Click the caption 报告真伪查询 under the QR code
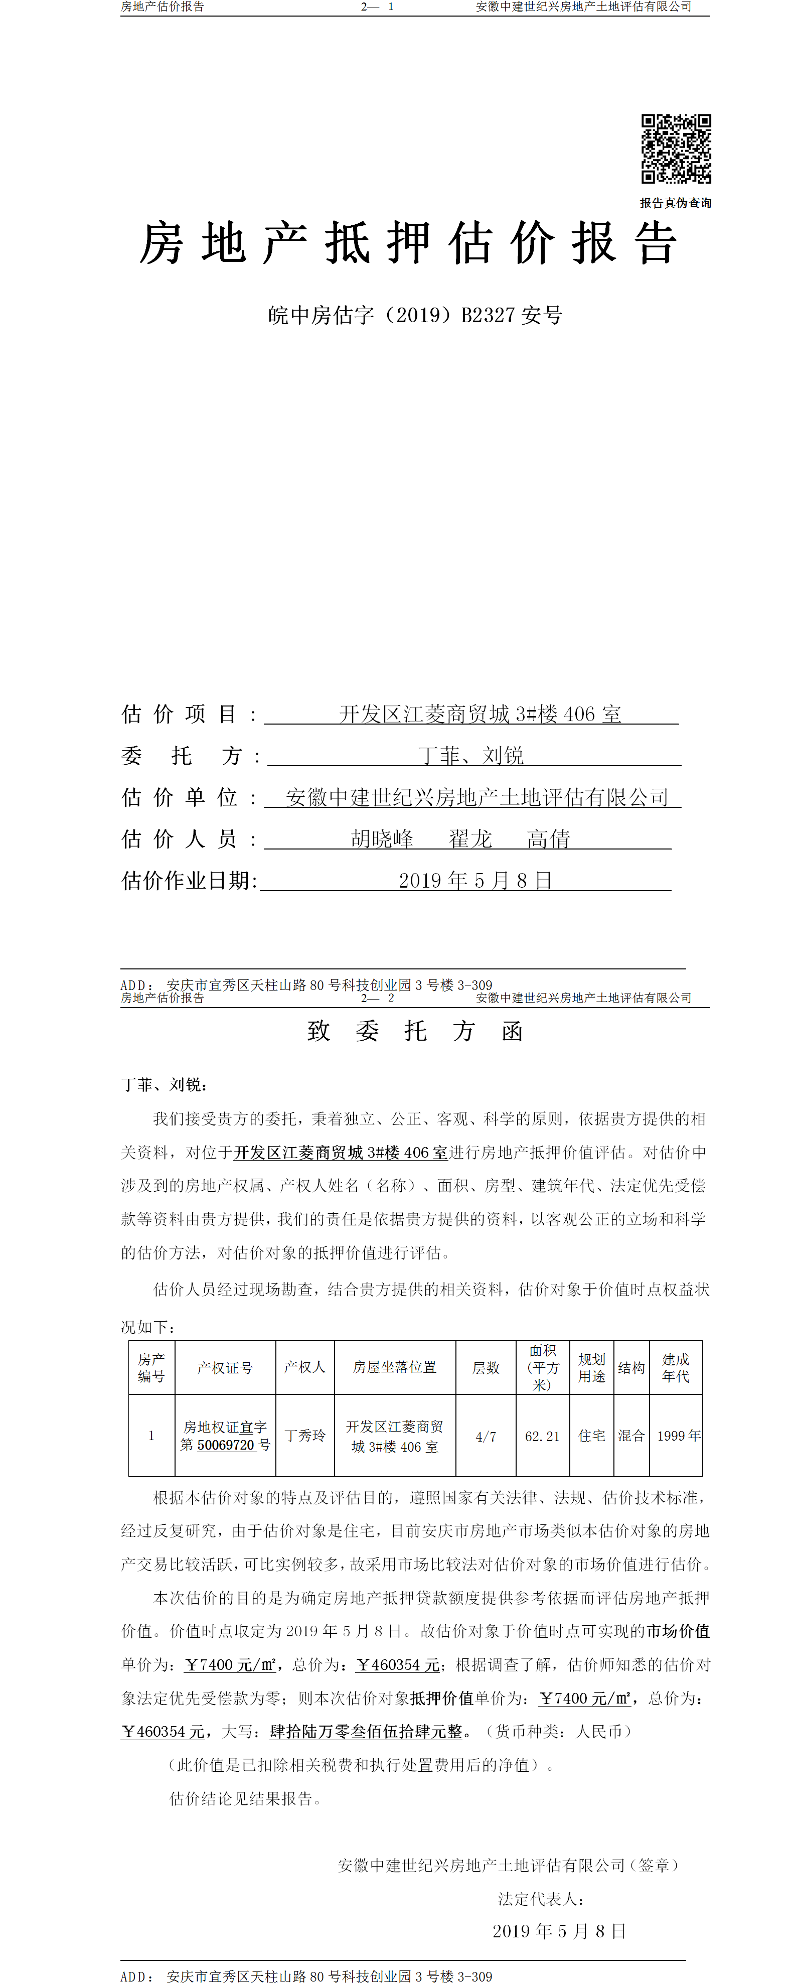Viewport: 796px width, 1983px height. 676,203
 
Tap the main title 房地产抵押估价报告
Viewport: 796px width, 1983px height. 408,243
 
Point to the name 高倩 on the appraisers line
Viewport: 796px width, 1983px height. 548,838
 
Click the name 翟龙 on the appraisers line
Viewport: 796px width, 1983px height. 470,838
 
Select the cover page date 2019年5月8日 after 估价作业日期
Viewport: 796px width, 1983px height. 475,880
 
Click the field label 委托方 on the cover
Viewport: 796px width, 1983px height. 182,756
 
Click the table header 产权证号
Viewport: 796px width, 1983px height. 225,1367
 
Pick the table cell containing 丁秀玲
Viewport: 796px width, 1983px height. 305,1435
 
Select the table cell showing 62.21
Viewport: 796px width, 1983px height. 542,1436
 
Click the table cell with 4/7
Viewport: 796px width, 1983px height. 486,1436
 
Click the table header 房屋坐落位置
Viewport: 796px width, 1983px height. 395,1367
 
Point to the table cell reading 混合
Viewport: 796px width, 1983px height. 631,1435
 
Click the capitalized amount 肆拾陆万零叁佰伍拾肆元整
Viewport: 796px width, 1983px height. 366,1731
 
